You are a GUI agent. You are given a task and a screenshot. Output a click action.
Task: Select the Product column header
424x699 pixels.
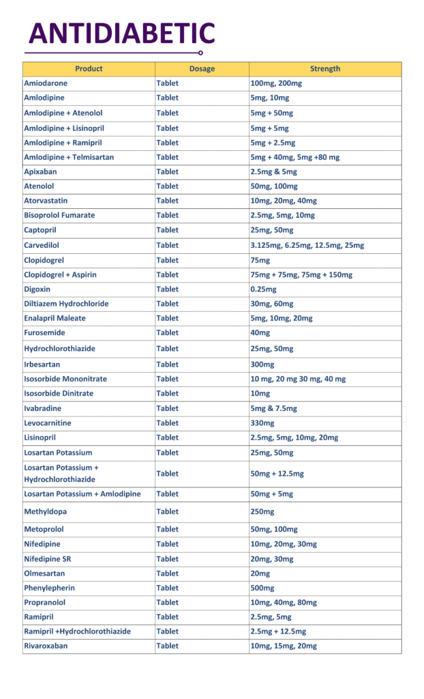[x=89, y=69]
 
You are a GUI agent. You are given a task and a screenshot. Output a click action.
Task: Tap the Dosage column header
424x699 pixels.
[x=202, y=69]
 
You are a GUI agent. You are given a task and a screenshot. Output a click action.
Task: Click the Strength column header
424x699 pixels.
[x=325, y=69]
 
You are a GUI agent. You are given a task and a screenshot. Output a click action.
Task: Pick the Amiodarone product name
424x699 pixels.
[x=46, y=83]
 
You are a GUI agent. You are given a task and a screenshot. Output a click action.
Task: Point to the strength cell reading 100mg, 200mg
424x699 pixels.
[x=276, y=83]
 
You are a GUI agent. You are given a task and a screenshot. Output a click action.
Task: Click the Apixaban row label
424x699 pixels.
[x=40, y=171]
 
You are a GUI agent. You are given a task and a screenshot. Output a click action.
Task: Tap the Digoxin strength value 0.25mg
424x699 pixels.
[x=264, y=289]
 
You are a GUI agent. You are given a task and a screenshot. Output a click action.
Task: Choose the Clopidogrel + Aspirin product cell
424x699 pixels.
[x=60, y=274]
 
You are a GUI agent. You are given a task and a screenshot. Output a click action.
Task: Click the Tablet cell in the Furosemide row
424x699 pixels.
[x=168, y=332]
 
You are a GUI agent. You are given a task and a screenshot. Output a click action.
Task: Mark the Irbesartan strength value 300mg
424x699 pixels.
[x=262, y=365]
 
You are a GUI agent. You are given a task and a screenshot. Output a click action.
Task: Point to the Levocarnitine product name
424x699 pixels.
[x=48, y=423]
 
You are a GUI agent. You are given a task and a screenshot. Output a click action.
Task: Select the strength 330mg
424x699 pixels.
[x=262, y=423]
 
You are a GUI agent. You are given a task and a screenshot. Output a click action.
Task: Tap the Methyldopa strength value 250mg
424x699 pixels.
[x=262, y=511]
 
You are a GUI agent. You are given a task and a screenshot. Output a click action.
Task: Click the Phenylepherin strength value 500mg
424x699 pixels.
[x=262, y=588]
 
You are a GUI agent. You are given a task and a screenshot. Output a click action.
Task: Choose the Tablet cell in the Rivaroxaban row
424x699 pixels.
[x=168, y=646]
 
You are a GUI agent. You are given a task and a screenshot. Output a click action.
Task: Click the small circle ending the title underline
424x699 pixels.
[x=200, y=53]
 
